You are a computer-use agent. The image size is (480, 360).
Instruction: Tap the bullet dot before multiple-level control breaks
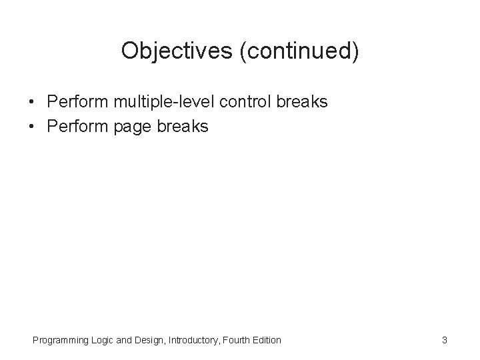pos(31,103)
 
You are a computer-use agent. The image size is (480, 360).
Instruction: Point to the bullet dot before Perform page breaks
pos(31,125)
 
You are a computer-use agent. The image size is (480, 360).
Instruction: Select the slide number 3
pos(444,341)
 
